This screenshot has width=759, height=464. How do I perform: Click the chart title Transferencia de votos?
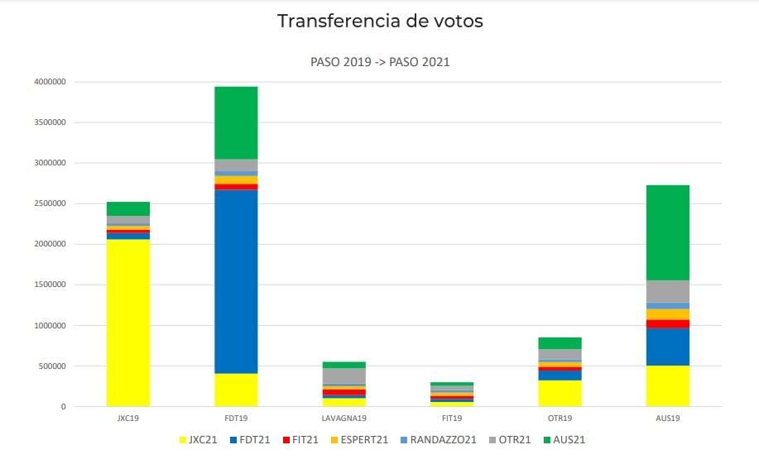pos(380,22)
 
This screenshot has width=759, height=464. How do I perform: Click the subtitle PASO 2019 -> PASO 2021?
pos(380,62)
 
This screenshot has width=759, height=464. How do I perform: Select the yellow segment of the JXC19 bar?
pos(128,323)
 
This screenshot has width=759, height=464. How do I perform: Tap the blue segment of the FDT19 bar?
pos(236,281)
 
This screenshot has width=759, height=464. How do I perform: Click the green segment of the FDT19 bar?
pos(236,122)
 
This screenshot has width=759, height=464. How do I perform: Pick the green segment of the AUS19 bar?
pos(667,232)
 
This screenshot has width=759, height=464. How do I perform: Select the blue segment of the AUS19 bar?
pos(667,347)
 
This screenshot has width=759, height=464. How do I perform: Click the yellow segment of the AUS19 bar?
pos(667,385)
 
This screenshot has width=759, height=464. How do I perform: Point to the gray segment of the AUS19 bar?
pos(667,291)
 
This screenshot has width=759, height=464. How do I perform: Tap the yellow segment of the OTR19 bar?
pos(560,393)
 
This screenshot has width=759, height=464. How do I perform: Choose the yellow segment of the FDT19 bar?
pos(236,390)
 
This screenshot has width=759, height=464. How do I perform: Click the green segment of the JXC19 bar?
pos(128,208)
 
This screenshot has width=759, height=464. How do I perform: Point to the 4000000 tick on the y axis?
pos(50,82)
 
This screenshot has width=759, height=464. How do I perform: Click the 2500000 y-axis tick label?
pos(50,203)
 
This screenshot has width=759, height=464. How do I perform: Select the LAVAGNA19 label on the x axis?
pos(344,419)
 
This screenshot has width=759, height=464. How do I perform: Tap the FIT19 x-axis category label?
pos(452,419)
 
